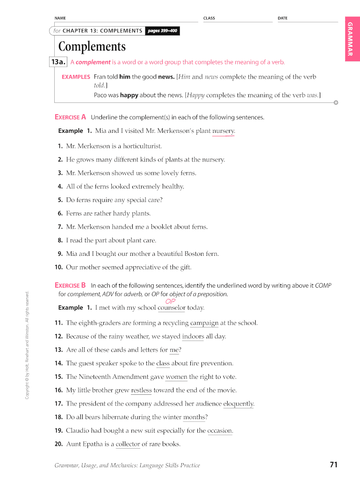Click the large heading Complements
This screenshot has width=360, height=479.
[x=92, y=47]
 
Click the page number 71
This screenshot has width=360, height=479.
[x=333, y=464]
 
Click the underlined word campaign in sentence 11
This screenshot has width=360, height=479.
[x=204, y=323]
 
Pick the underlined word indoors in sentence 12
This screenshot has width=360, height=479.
[x=193, y=336]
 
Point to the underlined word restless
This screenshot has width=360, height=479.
[x=141, y=390]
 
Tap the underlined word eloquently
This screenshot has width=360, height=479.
[x=238, y=404]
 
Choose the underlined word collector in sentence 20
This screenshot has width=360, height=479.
[x=128, y=444]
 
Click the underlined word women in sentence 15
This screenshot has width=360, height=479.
[x=176, y=377]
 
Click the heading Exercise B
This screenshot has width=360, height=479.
[x=70, y=285]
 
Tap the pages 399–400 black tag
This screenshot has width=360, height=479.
[x=162, y=31]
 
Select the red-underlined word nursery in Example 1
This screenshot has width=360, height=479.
[x=223, y=131]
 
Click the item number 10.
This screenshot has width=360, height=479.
[x=58, y=268]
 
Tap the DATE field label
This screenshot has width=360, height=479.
[x=282, y=18]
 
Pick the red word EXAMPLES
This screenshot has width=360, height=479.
[x=76, y=77]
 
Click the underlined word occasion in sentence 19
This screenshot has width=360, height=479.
[x=220, y=430]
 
